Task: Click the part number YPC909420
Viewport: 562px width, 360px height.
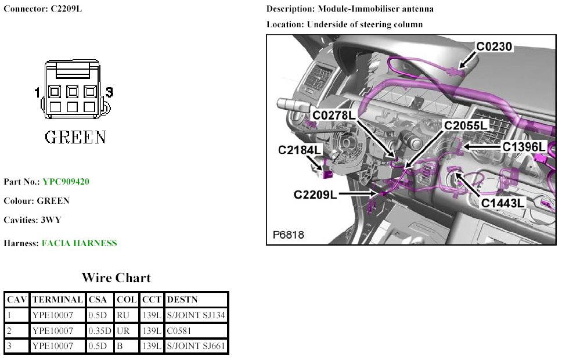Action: [66, 182]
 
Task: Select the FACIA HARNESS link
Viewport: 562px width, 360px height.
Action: [79, 243]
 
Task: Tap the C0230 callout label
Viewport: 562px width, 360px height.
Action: [495, 46]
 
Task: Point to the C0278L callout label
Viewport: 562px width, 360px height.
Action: [334, 115]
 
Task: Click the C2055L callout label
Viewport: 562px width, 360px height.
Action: [466, 125]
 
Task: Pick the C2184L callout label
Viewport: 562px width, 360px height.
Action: [300, 150]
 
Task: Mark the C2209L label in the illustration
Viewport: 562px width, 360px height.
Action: [315, 195]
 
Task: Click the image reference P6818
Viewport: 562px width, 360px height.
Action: [289, 235]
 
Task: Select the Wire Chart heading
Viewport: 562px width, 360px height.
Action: [116, 278]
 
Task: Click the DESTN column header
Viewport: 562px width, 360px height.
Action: [182, 300]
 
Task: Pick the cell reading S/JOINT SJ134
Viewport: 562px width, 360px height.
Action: [196, 315]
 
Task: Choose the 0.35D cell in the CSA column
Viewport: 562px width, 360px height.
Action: [100, 331]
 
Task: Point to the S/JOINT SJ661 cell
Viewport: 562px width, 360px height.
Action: [196, 347]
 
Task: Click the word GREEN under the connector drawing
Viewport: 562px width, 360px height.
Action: [75, 137]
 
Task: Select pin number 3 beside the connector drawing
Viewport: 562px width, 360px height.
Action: [109, 92]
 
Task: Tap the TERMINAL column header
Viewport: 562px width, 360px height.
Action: [57, 300]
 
